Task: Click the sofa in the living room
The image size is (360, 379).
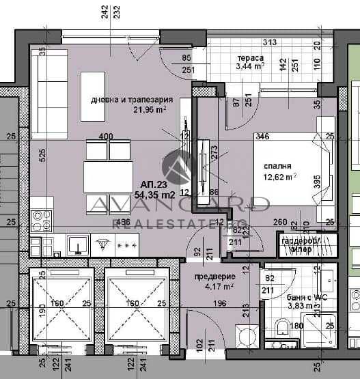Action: point(49,92)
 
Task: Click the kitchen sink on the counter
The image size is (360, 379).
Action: point(77,243)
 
